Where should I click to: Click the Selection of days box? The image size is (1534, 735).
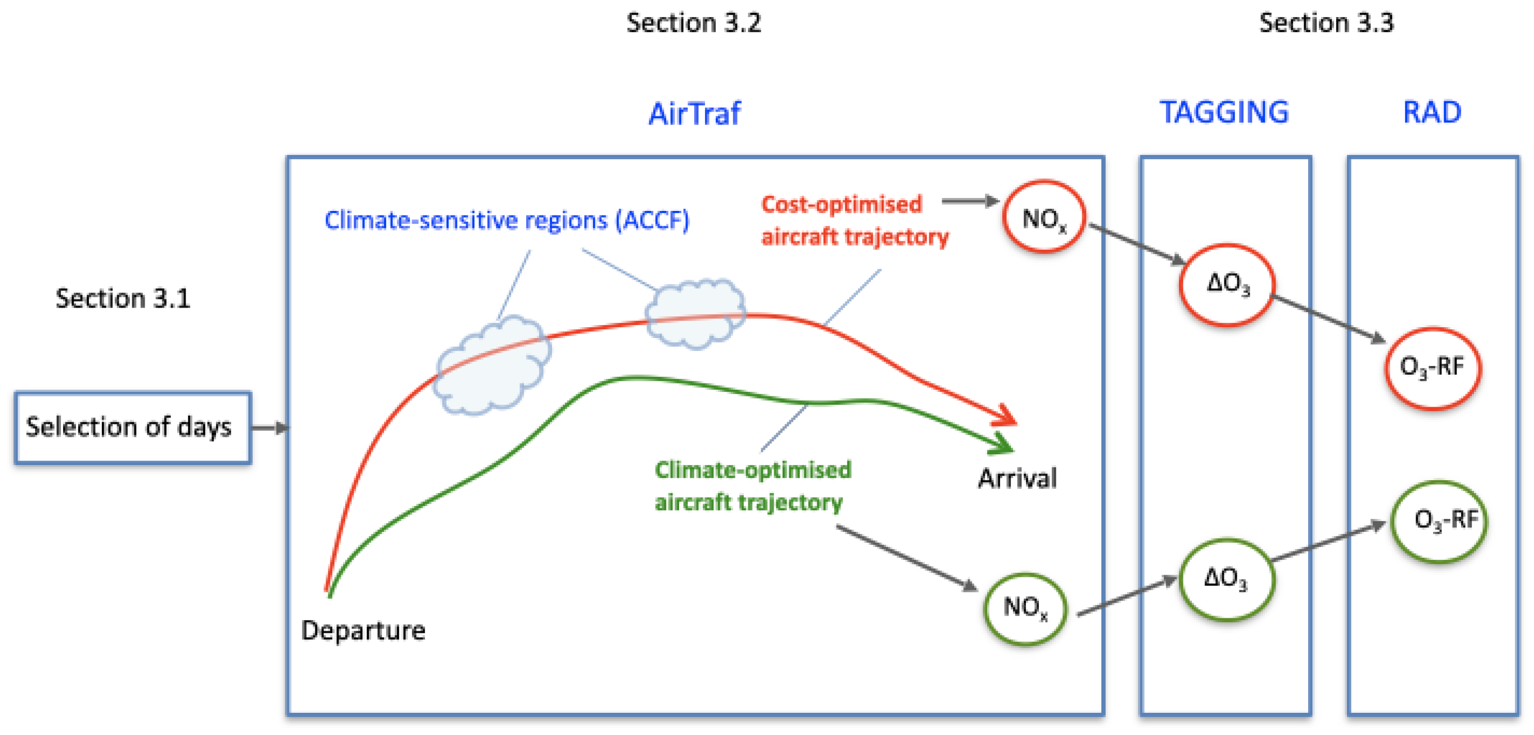(x=132, y=427)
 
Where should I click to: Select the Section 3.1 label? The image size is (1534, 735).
(x=122, y=298)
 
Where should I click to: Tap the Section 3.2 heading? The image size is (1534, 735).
(x=694, y=23)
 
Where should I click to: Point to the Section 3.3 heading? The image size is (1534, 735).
(x=1326, y=23)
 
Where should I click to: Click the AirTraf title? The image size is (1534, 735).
(x=694, y=113)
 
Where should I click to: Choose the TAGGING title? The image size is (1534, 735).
(x=1224, y=112)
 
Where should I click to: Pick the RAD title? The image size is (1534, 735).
(x=1432, y=112)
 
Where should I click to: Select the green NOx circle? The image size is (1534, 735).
(x=1025, y=608)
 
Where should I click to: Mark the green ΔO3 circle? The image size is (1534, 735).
(x=1225, y=579)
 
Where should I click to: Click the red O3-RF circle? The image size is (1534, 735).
(x=1432, y=367)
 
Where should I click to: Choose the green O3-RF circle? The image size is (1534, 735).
(x=1439, y=521)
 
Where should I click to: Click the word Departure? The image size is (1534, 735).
(x=363, y=630)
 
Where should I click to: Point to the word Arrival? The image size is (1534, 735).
(x=1017, y=478)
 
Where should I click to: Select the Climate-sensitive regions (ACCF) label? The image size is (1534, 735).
(x=507, y=220)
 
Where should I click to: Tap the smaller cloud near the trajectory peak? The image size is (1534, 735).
(x=695, y=313)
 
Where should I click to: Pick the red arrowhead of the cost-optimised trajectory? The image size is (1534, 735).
(x=1005, y=416)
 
